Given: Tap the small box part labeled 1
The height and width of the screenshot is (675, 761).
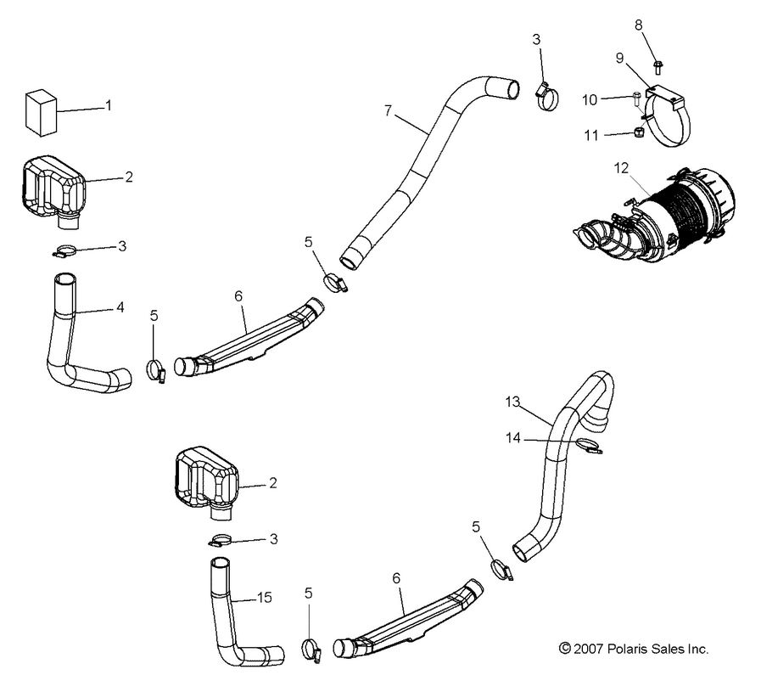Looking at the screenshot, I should click(x=41, y=110).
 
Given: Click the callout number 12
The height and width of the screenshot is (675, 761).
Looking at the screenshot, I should click(x=622, y=169).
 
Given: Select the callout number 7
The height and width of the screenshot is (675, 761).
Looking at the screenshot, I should click(x=388, y=111).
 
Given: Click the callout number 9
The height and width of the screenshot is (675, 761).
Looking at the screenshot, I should click(x=620, y=58).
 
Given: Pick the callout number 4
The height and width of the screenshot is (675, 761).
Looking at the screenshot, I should click(x=120, y=307).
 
